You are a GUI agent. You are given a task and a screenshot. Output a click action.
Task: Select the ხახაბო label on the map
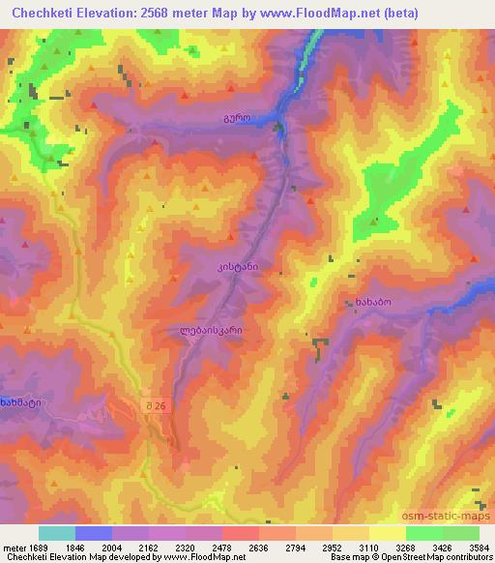click(x=369, y=303)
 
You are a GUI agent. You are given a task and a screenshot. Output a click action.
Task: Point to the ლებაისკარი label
click(x=211, y=330)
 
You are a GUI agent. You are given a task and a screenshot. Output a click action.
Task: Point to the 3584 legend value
click(x=480, y=547)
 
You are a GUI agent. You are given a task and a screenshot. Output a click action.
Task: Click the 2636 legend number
click(x=259, y=547)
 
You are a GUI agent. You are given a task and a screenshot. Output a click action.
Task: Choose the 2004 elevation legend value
click(x=112, y=547)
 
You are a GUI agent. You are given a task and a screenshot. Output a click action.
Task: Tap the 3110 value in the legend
click(x=369, y=547)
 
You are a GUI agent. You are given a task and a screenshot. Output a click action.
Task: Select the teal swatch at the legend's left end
click(x=56, y=533)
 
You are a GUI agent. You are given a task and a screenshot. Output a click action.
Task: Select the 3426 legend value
click(x=443, y=547)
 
